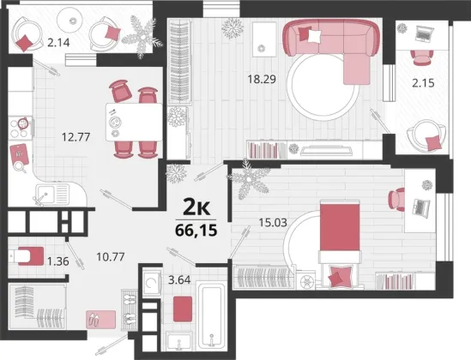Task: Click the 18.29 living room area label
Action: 262,79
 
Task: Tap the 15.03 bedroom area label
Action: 273,223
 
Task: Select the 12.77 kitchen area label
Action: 75,137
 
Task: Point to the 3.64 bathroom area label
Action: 179,280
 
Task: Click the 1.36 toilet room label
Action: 58,261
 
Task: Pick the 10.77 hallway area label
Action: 111,257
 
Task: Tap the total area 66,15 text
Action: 196,231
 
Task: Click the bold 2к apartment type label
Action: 196,207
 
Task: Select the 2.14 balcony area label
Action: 58,43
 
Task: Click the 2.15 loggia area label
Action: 423,83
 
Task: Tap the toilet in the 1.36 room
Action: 26,256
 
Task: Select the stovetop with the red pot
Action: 20,127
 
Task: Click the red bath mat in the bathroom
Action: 183,309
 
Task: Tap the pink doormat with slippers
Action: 100,320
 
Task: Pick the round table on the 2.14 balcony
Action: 72,21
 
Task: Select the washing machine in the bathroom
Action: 151,283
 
